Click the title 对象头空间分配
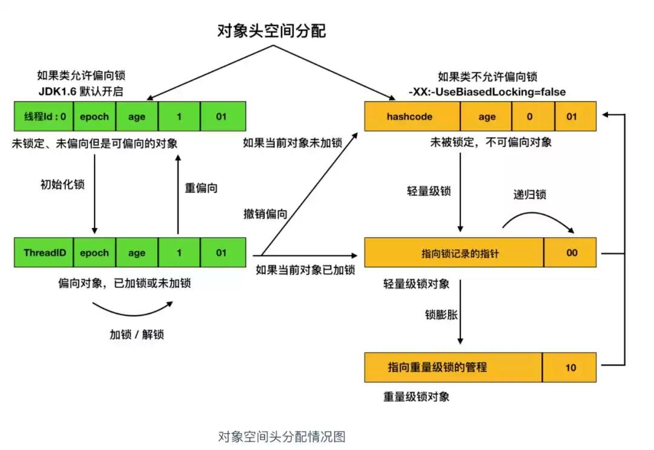pyautogui.click(x=271, y=31)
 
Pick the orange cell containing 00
pyautogui.click(x=571, y=253)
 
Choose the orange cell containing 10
pyautogui.click(x=571, y=367)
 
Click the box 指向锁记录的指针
pyautogui.click(x=454, y=253)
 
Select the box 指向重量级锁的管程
pyautogui.click(x=454, y=367)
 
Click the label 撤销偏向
pyautogui.click(x=265, y=214)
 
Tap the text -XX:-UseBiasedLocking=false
pyautogui.click(x=487, y=92)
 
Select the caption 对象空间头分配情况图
pyautogui.click(x=281, y=436)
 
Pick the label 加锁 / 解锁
pyautogui.click(x=136, y=334)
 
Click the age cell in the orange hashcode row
pyautogui.click(x=486, y=117)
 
